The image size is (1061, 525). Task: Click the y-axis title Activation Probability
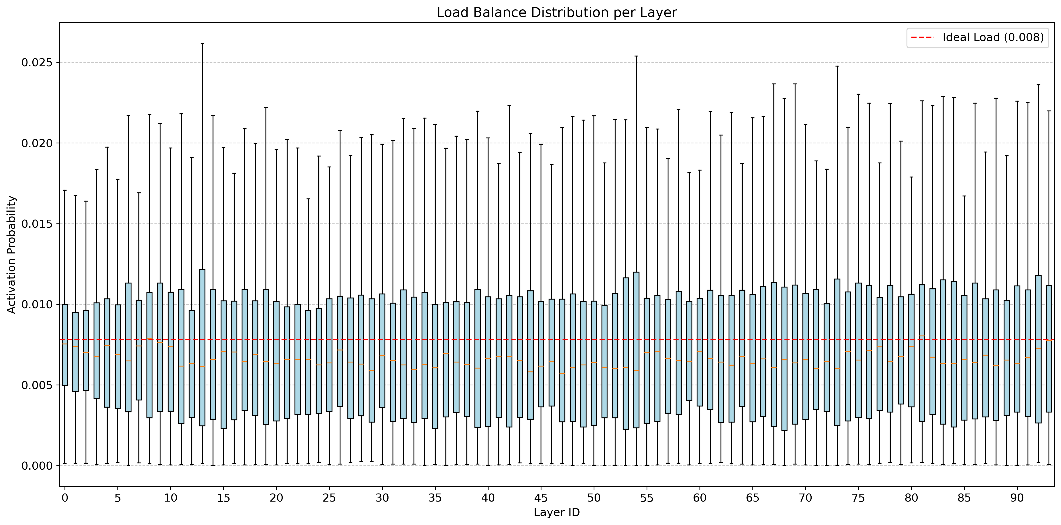click(12, 254)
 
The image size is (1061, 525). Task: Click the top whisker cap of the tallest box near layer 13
click(202, 44)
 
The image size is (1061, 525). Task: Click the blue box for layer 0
click(65, 345)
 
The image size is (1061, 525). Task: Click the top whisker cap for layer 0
click(65, 190)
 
